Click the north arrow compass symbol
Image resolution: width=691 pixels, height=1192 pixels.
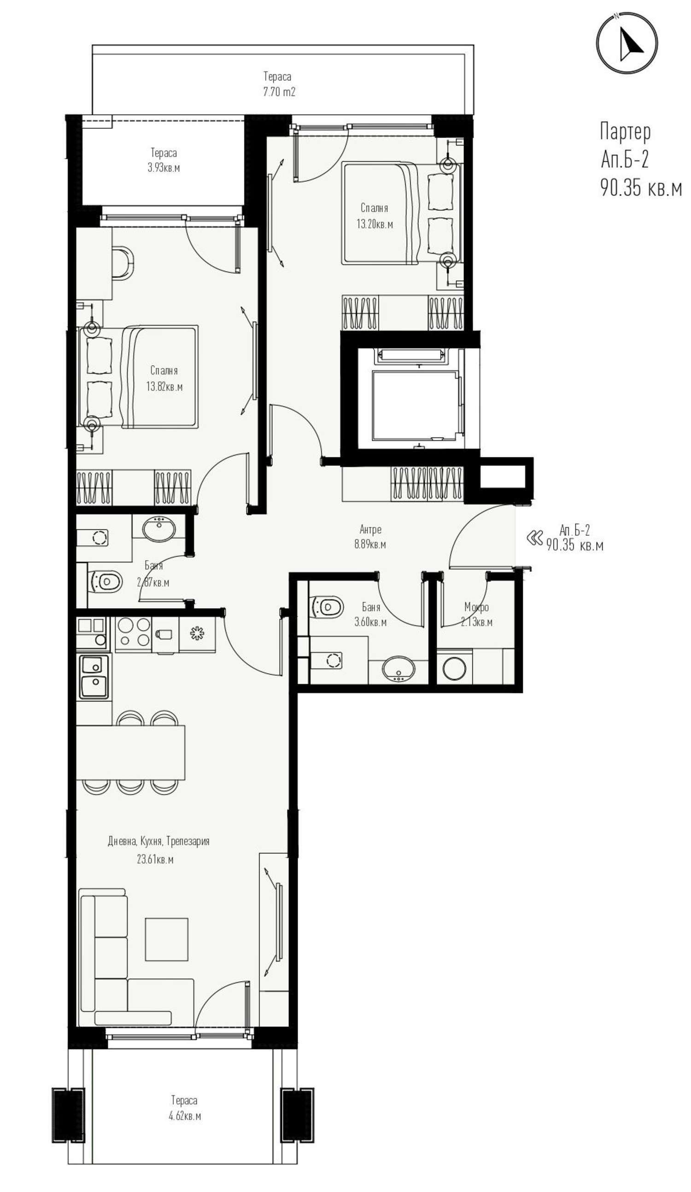point(627,43)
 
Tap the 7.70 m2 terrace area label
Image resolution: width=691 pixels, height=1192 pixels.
point(279,91)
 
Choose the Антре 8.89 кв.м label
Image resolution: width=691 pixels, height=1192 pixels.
point(370,536)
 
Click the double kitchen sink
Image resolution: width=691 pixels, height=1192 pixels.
point(94,677)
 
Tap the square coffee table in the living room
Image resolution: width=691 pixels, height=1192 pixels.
point(166,939)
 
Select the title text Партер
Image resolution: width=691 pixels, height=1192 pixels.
point(625,131)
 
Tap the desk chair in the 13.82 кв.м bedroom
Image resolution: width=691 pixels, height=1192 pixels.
point(123,263)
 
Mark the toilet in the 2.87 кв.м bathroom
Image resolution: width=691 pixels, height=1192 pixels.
point(105,581)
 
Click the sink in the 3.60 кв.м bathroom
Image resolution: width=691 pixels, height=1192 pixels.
point(399,669)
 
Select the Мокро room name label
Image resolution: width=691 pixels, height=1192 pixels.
point(476,607)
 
